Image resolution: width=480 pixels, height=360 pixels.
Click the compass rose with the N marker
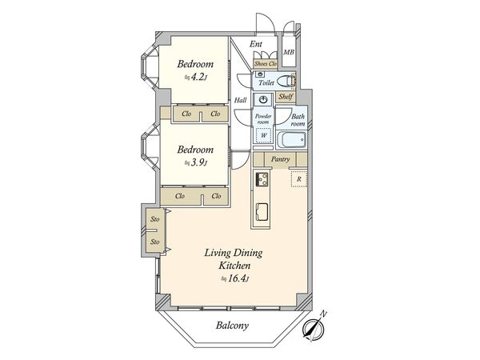point(313,330)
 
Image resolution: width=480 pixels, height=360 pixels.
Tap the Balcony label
point(232,326)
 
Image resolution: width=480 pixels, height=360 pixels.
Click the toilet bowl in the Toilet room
point(285,81)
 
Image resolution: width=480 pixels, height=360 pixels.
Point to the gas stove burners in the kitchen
point(262,179)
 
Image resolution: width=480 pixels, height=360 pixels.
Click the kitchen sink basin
point(262,211)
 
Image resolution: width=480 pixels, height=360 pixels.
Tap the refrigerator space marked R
point(299,178)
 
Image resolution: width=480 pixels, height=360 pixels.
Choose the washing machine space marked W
point(263,135)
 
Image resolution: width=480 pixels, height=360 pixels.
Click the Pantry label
point(281,159)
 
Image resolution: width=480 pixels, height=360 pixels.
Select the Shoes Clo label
point(266,64)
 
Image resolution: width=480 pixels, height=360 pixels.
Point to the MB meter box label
point(289,52)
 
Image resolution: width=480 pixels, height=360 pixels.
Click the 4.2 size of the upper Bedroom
point(197,77)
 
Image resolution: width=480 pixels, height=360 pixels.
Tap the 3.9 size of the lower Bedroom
point(197,162)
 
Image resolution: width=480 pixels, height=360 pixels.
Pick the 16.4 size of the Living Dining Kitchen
point(236,279)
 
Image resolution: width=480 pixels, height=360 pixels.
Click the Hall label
point(241,100)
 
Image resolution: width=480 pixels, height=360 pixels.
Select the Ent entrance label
point(256,44)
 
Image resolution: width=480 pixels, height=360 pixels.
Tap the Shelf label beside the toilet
point(286,97)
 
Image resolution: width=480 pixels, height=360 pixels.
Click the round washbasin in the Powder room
point(263,99)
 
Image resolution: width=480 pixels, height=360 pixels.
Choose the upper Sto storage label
point(155,219)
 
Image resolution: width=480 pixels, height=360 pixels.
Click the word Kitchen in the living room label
point(234,266)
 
